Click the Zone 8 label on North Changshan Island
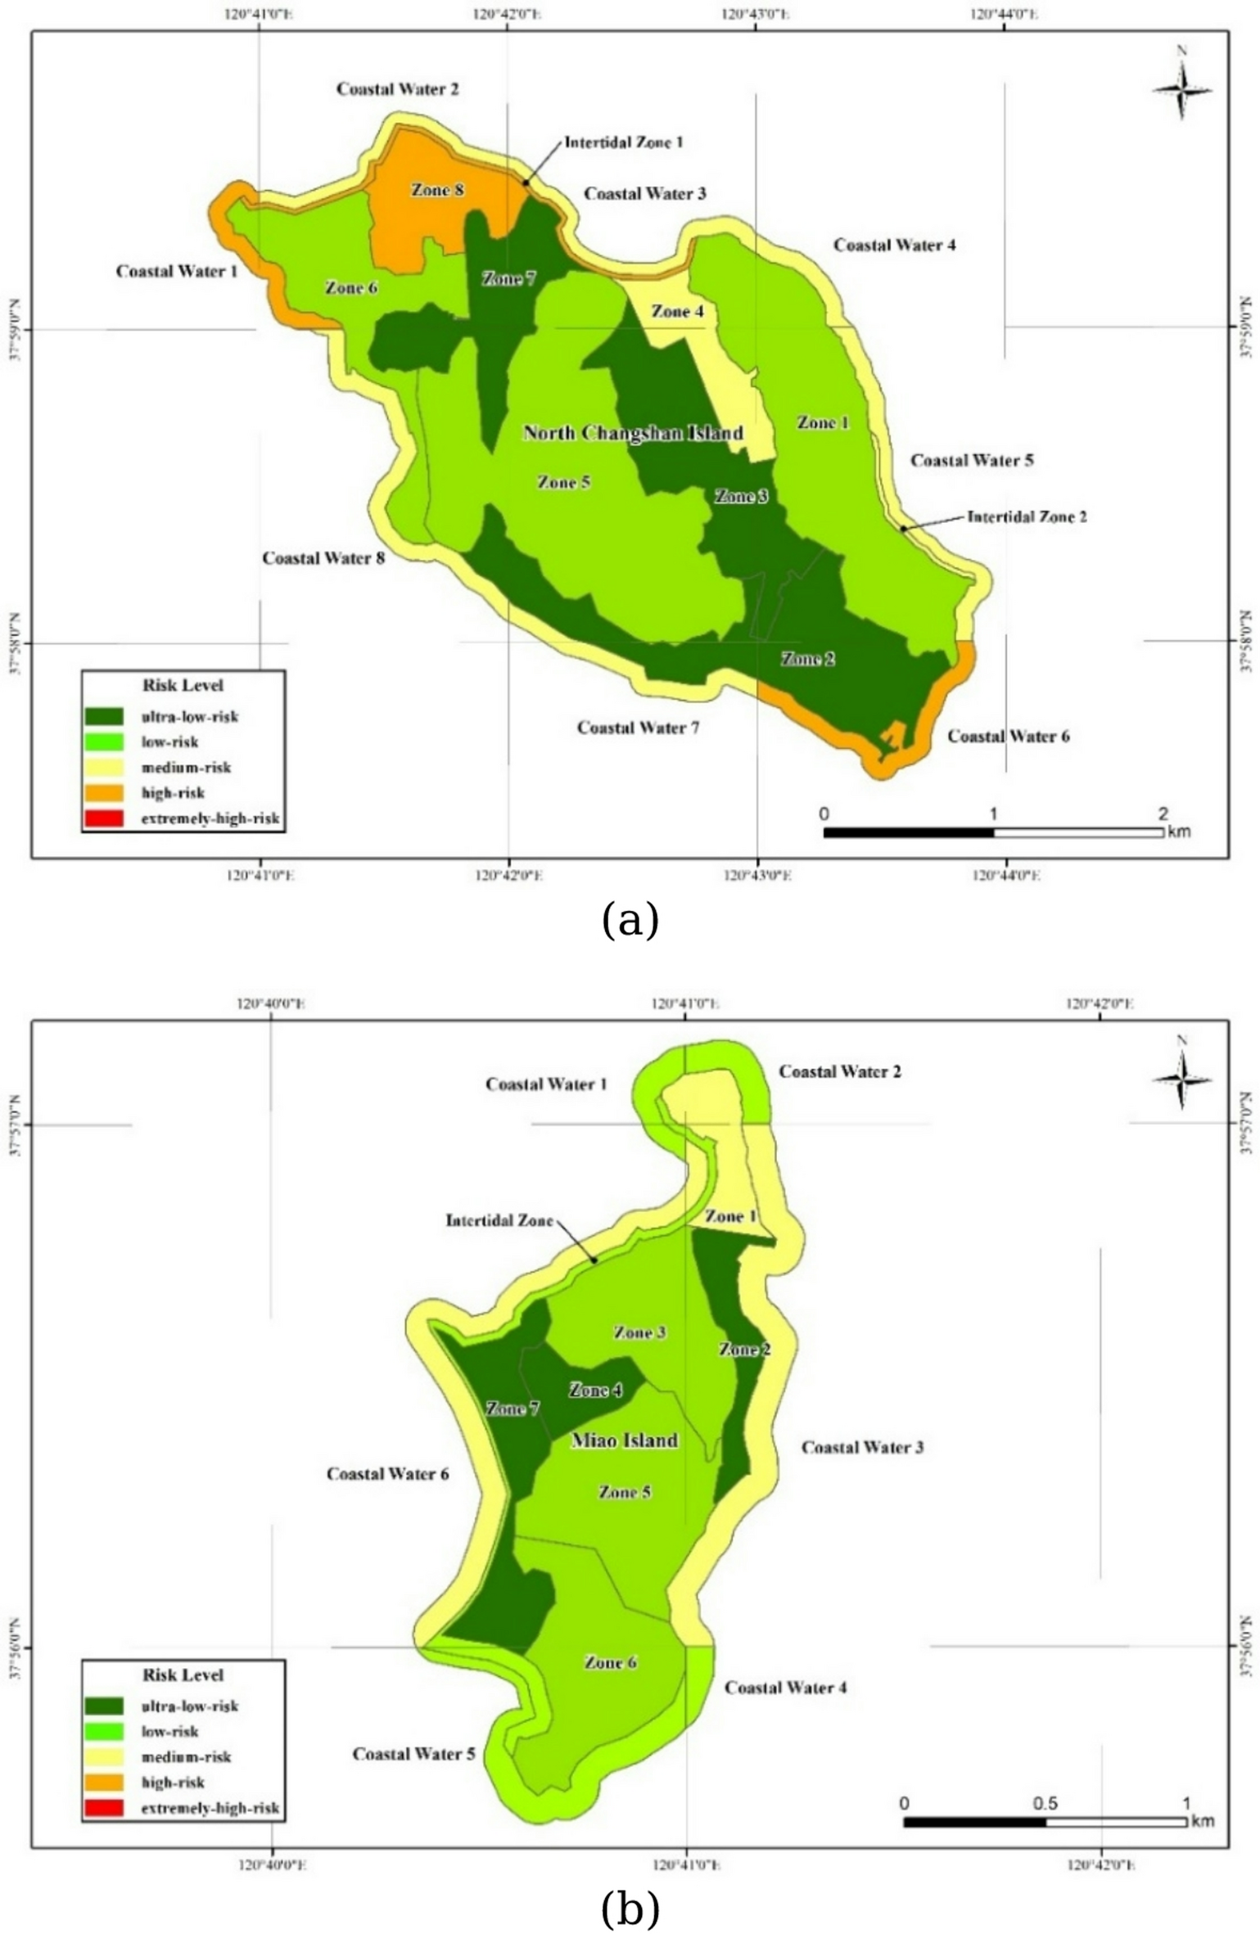pyautogui.click(x=437, y=190)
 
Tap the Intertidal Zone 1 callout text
pyautogui.click(x=623, y=142)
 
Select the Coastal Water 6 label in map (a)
pyautogui.click(x=1008, y=736)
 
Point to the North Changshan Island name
pyautogui.click(x=633, y=433)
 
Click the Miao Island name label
pyautogui.click(x=624, y=1440)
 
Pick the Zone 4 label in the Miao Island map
pyautogui.click(x=595, y=1390)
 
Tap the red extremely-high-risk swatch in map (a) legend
pyautogui.click(x=103, y=818)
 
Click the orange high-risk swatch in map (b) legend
pyautogui.click(x=103, y=1782)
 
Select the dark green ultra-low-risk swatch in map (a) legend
pyautogui.click(x=103, y=716)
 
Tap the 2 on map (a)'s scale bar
pyautogui.click(x=1163, y=814)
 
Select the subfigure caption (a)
pyautogui.click(x=630, y=920)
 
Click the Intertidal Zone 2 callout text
pyautogui.click(x=1027, y=517)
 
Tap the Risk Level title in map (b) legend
pyautogui.click(x=183, y=1675)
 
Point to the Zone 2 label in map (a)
pyautogui.click(x=807, y=659)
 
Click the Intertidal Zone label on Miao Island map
pyautogui.click(x=499, y=1220)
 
